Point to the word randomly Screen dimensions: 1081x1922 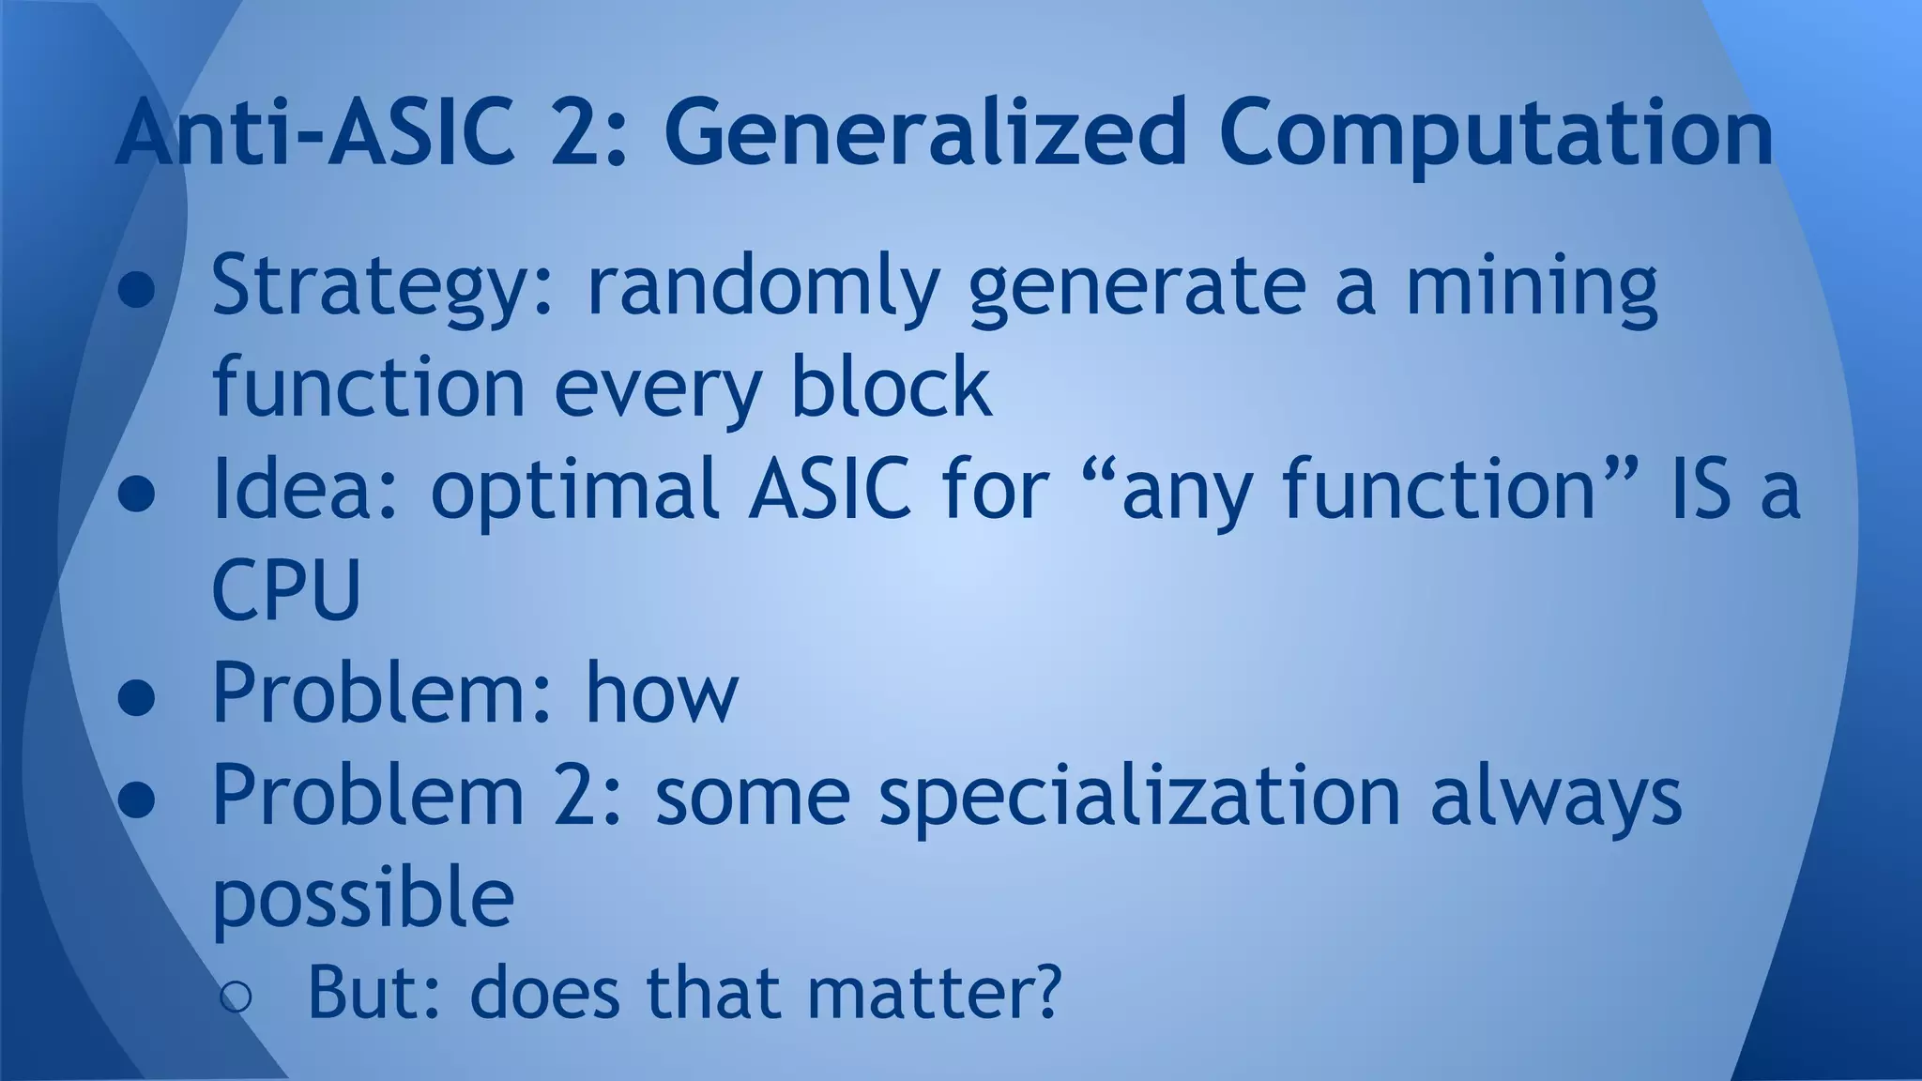point(762,287)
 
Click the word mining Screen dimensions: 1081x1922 point(1531,287)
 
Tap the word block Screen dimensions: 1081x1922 point(891,387)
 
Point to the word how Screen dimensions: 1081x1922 point(662,694)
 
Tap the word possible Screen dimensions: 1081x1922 point(363,897)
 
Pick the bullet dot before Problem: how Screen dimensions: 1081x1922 point(137,700)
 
